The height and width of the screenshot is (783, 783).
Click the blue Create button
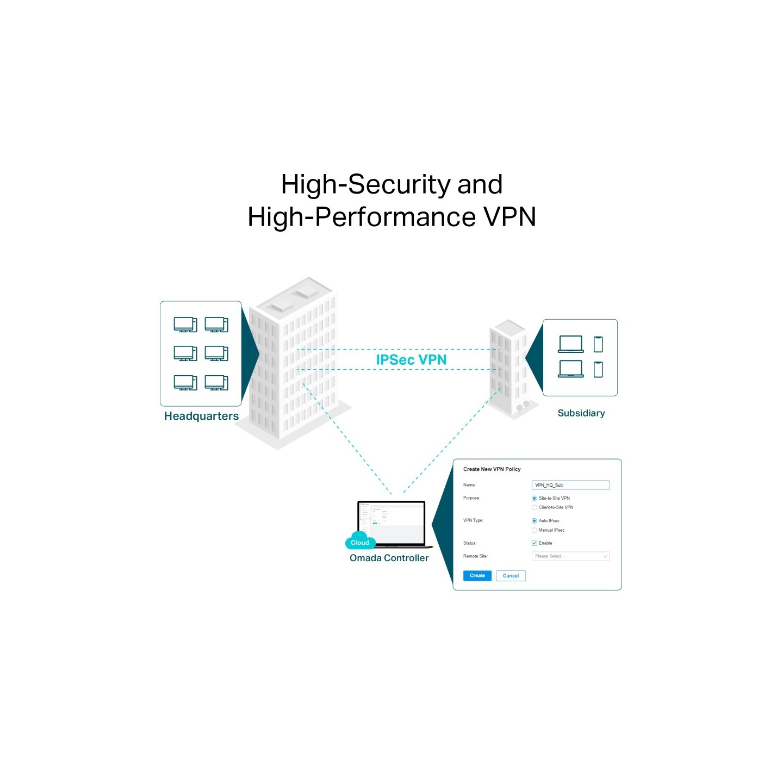coord(477,575)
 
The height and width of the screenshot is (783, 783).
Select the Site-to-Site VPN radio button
coord(534,498)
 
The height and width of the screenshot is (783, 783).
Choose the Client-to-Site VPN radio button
coord(534,507)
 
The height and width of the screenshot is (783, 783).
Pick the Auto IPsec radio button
coord(534,520)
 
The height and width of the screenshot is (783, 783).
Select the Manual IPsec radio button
coord(534,530)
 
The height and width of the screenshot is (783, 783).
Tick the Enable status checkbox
coord(534,543)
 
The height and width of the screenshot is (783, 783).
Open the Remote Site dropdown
coord(570,556)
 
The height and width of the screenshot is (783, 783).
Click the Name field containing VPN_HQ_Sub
coord(570,484)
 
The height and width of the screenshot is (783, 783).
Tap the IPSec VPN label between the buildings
coord(411,359)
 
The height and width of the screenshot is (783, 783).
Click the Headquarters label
coord(201,416)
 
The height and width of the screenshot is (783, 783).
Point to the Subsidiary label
coord(581,413)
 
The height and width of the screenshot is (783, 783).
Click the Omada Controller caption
coord(389,558)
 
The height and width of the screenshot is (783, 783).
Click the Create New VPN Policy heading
coord(492,469)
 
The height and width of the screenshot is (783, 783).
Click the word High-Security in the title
coord(366,184)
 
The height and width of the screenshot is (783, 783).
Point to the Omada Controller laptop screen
coord(391,522)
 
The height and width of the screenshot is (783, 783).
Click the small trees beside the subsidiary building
coord(523,406)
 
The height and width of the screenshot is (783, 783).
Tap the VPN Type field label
coord(473,520)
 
